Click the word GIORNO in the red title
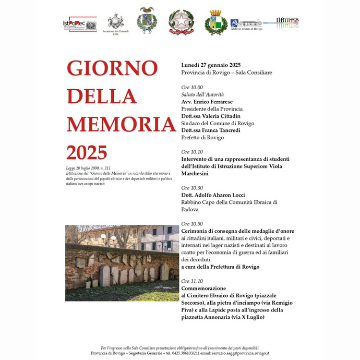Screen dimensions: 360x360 click(x=112, y=69)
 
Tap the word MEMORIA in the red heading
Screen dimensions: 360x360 click(x=121, y=124)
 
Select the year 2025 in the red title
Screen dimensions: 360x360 click(x=87, y=152)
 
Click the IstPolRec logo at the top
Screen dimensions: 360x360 click(x=79, y=24)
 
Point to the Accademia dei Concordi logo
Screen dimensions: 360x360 click(x=115, y=23)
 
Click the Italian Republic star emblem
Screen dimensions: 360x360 click(x=181, y=22)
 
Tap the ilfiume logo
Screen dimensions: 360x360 click(x=287, y=22)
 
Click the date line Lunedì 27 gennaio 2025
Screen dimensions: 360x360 click(x=211, y=65)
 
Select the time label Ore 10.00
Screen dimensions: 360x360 click(x=192, y=87)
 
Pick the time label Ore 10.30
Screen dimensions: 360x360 click(x=192, y=187)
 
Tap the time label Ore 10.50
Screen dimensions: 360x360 click(x=192, y=224)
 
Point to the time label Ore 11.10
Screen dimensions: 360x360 click(x=192, y=281)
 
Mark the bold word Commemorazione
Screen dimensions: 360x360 click(x=203, y=288)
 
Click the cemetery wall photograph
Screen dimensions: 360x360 click(x=122, y=256)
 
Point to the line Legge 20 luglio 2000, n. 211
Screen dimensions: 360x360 click(x=88, y=168)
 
